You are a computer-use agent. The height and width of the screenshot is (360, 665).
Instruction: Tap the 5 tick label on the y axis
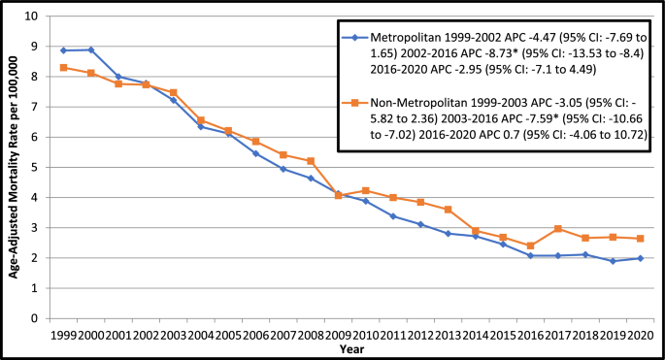[36, 168]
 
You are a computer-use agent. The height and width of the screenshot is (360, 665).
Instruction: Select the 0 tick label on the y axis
[36, 318]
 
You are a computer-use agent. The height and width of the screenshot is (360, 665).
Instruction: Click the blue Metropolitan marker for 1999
[63, 50]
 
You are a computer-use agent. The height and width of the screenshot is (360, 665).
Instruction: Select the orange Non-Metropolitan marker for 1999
[63, 68]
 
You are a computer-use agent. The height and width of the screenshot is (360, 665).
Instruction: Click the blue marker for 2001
[117, 77]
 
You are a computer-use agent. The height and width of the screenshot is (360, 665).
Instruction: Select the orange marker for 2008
[310, 161]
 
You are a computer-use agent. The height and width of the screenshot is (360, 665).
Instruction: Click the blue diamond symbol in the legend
[355, 38]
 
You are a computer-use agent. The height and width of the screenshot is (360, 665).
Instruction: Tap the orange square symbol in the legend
[355, 102]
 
